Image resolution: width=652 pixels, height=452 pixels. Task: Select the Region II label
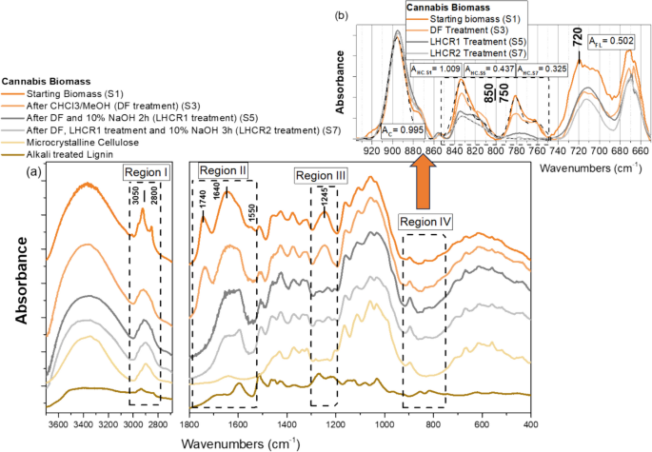click(x=223, y=169)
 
